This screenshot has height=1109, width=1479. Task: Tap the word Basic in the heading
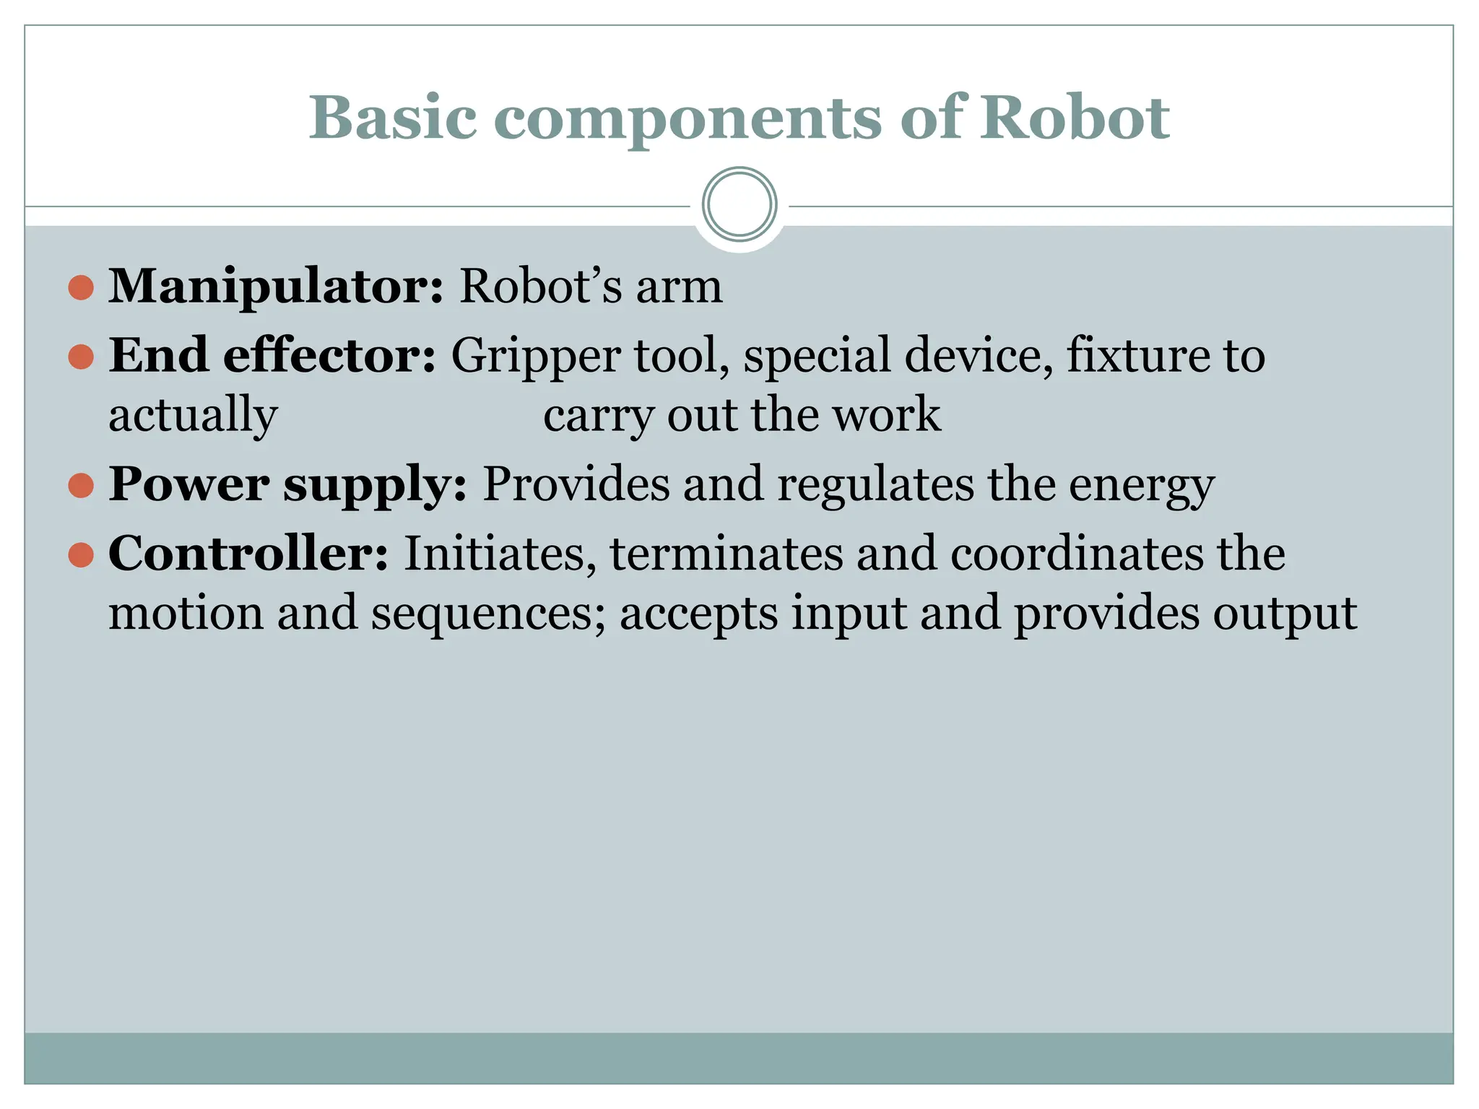point(393,117)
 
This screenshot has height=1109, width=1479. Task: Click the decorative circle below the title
point(739,204)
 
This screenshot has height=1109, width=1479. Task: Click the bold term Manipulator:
point(276,287)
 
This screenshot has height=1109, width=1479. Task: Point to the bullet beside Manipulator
point(81,287)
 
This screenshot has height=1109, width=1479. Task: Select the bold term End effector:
point(272,355)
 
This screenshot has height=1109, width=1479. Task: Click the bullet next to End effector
point(81,356)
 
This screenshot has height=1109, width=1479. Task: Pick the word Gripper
point(535,357)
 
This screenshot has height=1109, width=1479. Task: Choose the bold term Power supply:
point(287,484)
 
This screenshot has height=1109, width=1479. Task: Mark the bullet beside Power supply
point(81,485)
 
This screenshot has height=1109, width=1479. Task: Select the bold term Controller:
point(248,554)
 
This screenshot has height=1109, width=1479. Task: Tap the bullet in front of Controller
point(81,554)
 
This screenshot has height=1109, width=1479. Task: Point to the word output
point(1285,614)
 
